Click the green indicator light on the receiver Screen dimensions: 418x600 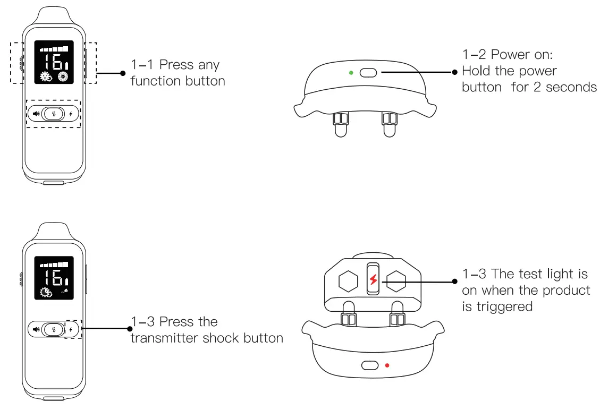coord(351,72)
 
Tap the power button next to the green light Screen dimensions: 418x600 coord(368,72)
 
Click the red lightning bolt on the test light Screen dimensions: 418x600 coord(373,279)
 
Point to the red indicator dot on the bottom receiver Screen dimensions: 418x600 coord(387,365)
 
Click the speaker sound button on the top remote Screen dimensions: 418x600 coord(36,113)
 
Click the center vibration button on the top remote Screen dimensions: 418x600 coord(53,113)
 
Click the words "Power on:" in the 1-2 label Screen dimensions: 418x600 coord(523,55)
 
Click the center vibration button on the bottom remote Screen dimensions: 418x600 coord(53,329)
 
